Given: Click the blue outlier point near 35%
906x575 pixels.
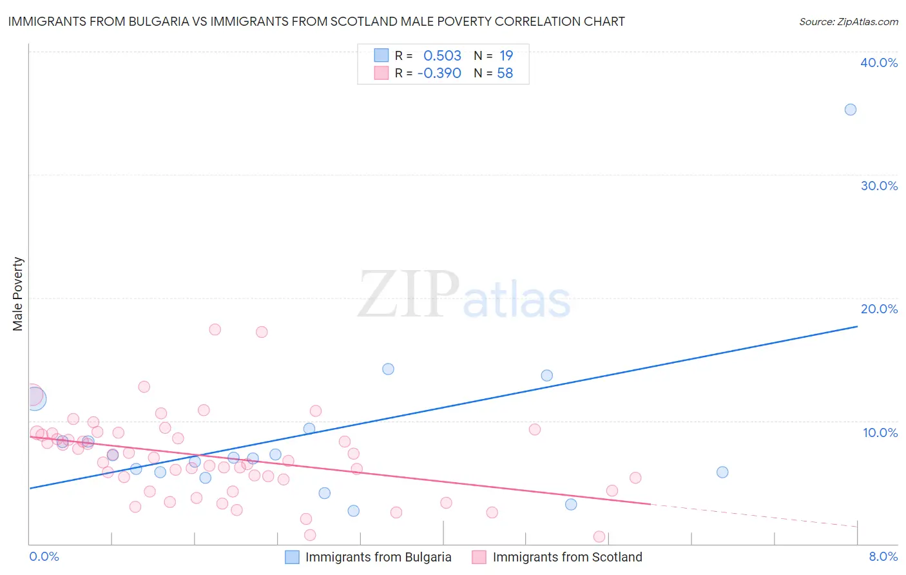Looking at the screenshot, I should (x=850, y=110).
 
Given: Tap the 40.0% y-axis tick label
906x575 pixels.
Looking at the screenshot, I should (x=879, y=63).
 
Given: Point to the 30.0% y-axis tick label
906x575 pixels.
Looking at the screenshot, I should (x=879, y=186).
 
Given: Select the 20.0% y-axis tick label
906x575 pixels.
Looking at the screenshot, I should (x=879, y=309).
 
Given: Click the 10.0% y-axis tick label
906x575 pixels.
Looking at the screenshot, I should (x=880, y=433).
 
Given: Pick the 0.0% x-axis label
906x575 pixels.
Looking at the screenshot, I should (x=44, y=556).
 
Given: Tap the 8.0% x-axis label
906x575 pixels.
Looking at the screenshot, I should (x=883, y=556).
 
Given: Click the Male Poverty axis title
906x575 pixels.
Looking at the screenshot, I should (x=18, y=294).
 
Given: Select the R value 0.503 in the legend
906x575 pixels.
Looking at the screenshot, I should (x=442, y=56).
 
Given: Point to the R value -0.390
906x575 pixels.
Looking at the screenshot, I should (x=439, y=73).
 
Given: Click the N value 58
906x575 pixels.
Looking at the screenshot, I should (x=505, y=73).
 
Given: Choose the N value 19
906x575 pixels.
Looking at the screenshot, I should (x=506, y=56).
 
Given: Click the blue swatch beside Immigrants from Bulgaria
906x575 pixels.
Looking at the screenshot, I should (x=292, y=557).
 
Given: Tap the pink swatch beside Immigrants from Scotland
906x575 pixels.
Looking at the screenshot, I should (x=479, y=557).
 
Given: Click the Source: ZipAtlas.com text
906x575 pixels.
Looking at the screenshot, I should (x=848, y=22).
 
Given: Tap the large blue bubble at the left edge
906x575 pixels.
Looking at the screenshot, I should (x=35, y=399).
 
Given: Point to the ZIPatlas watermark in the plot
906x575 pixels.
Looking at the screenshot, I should (x=464, y=295).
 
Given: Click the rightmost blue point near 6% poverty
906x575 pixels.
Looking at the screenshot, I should (x=722, y=472).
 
